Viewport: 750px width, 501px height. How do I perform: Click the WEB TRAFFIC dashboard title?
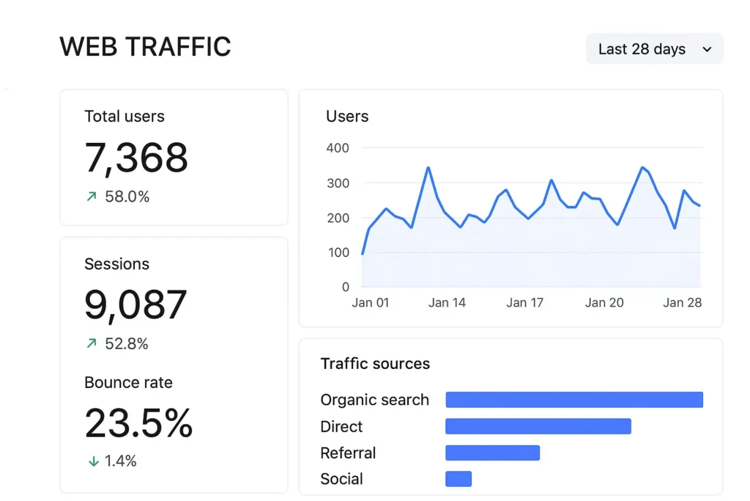145,47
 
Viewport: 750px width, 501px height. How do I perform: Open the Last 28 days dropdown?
654,49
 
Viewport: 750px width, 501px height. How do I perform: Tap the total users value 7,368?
136,157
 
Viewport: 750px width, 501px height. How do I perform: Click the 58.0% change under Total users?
126,197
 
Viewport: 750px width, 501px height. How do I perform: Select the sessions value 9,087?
135,304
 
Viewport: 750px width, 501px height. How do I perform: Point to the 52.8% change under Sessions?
126,343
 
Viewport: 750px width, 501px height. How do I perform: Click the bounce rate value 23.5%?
138,423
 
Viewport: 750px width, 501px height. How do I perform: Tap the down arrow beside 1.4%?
93,461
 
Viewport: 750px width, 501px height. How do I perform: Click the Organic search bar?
574,400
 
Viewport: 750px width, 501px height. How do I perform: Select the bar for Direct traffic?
538,426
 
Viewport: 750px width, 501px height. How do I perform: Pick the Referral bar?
492,453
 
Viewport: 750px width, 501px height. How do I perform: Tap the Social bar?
458,479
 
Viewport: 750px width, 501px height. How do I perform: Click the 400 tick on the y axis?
337,148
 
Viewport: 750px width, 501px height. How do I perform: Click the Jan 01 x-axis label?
371,302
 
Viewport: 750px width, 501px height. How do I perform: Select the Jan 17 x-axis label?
524,302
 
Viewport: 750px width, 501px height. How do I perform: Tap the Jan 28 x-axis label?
682,302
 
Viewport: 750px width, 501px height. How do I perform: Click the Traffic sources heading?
375,364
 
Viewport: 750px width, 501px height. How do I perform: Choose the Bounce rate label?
128,383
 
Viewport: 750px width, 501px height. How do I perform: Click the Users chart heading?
347,117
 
